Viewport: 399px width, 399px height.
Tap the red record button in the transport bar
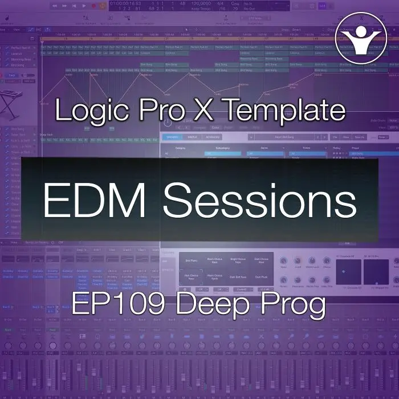pyautogui.click(x=102, y=6)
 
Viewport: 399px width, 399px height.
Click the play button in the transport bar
pyautogui.click(x=85, y=6)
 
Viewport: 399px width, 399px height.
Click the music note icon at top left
pyautogui.click(x=6, y=17)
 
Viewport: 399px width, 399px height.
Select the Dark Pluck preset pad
pyautogui.click(x=260, y=277)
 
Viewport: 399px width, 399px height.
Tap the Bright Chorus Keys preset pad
pyautogui.click(x=238, y=261)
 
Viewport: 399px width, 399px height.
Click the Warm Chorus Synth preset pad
pyautogui.click(x=215, y=277)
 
